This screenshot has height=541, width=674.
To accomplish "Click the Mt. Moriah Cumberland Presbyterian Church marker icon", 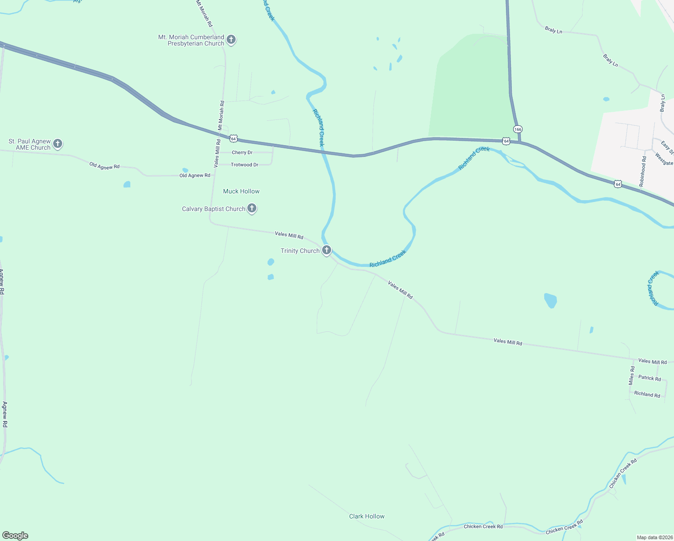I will click(231, 40).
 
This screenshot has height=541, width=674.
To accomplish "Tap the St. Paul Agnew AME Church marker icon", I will click(58, 144).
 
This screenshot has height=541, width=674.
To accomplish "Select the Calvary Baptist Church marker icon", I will click(252, 208).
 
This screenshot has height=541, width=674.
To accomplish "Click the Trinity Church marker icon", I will click(327, 250).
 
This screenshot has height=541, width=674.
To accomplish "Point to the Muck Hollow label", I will click(241, 192).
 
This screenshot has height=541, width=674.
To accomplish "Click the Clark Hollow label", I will click(367, 516).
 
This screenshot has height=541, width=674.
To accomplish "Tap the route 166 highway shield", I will click(518, 129).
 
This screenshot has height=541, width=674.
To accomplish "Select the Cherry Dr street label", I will click(242, 152).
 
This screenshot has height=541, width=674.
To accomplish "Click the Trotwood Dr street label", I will click(245, 165).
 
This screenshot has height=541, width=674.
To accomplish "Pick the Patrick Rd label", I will click(650, 378).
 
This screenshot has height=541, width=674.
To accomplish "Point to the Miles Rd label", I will click(632, 375).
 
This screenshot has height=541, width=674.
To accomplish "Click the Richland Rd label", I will click(647, 394).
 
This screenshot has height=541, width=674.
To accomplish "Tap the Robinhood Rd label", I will click(642, 172).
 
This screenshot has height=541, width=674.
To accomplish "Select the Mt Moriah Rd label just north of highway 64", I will click(221, 115).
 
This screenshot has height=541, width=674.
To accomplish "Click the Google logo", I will click(15, 536).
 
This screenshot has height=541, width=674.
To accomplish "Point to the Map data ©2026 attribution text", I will click(655, 537).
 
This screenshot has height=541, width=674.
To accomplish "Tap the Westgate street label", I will click(665, 159).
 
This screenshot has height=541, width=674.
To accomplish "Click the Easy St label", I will click(667, 147).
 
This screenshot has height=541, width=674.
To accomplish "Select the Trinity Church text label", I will click(300, 251).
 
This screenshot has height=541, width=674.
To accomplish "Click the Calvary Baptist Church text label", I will click(214, 209).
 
